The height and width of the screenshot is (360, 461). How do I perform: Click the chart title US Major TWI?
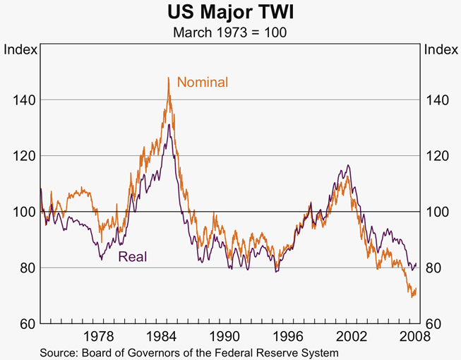point(230,13)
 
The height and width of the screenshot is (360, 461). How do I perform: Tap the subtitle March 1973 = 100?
point(230,32)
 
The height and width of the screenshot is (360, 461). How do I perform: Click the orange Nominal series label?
point(203,83)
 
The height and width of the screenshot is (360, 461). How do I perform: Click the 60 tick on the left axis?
point(25,324)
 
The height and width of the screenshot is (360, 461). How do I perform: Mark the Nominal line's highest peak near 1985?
point(168,78)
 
